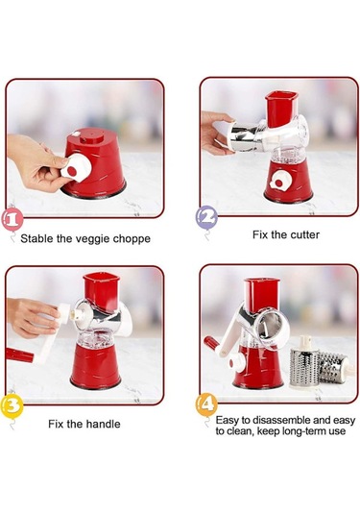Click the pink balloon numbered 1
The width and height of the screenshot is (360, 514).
(12, 219)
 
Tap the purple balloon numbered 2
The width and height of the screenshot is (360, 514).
(206, 217)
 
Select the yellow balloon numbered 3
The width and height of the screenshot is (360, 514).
(12, 405)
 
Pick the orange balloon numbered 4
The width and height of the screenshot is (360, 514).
(206, 405)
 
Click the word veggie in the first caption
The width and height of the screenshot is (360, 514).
(93, 239)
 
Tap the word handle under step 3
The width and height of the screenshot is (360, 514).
(104, 424)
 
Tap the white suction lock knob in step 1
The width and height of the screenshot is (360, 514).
(75, 167)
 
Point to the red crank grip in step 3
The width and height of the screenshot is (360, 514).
(19, 355)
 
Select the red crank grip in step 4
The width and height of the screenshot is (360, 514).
(211, 343)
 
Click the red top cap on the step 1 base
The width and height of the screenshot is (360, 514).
(91, 135)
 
